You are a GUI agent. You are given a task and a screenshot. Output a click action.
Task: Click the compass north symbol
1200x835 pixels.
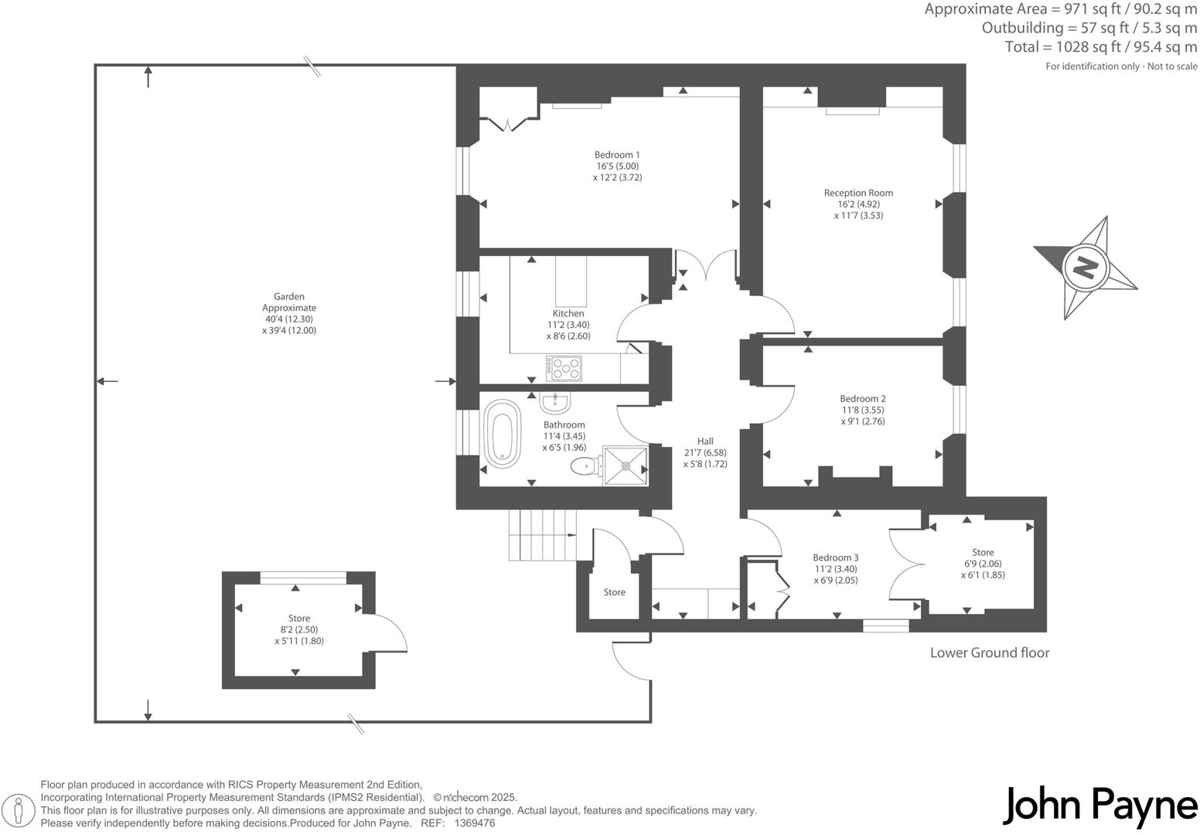click(1085, 268)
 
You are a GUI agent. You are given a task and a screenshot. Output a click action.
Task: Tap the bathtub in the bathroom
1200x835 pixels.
click(503, 434)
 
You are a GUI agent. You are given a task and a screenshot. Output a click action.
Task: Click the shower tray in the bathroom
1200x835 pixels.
click(626, 465)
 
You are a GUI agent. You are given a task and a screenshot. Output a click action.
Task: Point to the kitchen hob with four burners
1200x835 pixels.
click(563, 368)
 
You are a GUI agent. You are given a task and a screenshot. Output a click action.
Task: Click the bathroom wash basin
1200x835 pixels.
click(555, 402)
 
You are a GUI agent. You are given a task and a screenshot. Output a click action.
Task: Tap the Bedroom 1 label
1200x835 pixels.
click(617, 155)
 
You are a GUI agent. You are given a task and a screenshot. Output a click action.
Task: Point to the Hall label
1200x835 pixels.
click(704, 441)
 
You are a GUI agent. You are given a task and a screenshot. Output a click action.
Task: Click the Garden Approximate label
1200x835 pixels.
click(289, 302)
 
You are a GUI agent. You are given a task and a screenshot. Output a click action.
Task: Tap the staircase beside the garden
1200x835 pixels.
click(542, 535)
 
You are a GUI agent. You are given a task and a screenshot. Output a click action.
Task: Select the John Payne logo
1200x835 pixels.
click(1099, 806)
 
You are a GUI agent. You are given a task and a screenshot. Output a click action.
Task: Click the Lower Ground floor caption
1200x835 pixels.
click(989, 653)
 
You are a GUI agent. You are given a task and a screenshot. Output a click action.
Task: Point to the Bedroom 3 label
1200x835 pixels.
click(835, 557)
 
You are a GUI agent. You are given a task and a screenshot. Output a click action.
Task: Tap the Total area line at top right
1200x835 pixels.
click(1100, 47)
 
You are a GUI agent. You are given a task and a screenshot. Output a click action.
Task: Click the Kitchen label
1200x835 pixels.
click(568, 313)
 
